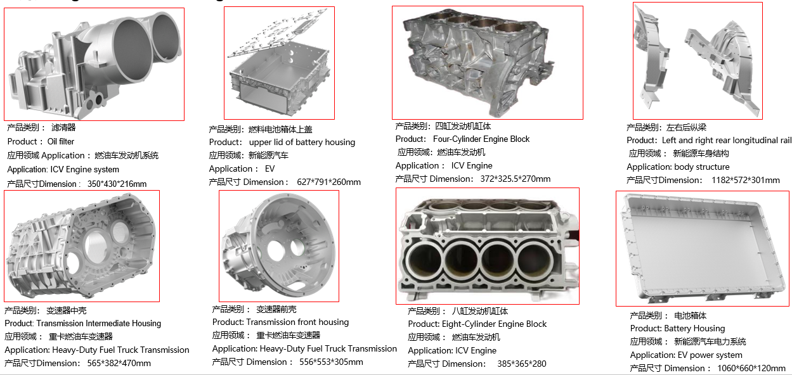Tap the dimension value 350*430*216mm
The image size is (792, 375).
click(117, 184)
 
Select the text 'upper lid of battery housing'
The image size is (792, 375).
click(302, 143)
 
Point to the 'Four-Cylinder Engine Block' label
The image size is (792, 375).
click(481, 139)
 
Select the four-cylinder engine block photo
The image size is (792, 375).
click(487, 62)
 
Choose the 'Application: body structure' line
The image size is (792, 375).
click(678, 167)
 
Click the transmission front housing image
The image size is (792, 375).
click(278, 246)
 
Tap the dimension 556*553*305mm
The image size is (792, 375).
click(328, 362)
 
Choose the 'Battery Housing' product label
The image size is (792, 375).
click(694, 329)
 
